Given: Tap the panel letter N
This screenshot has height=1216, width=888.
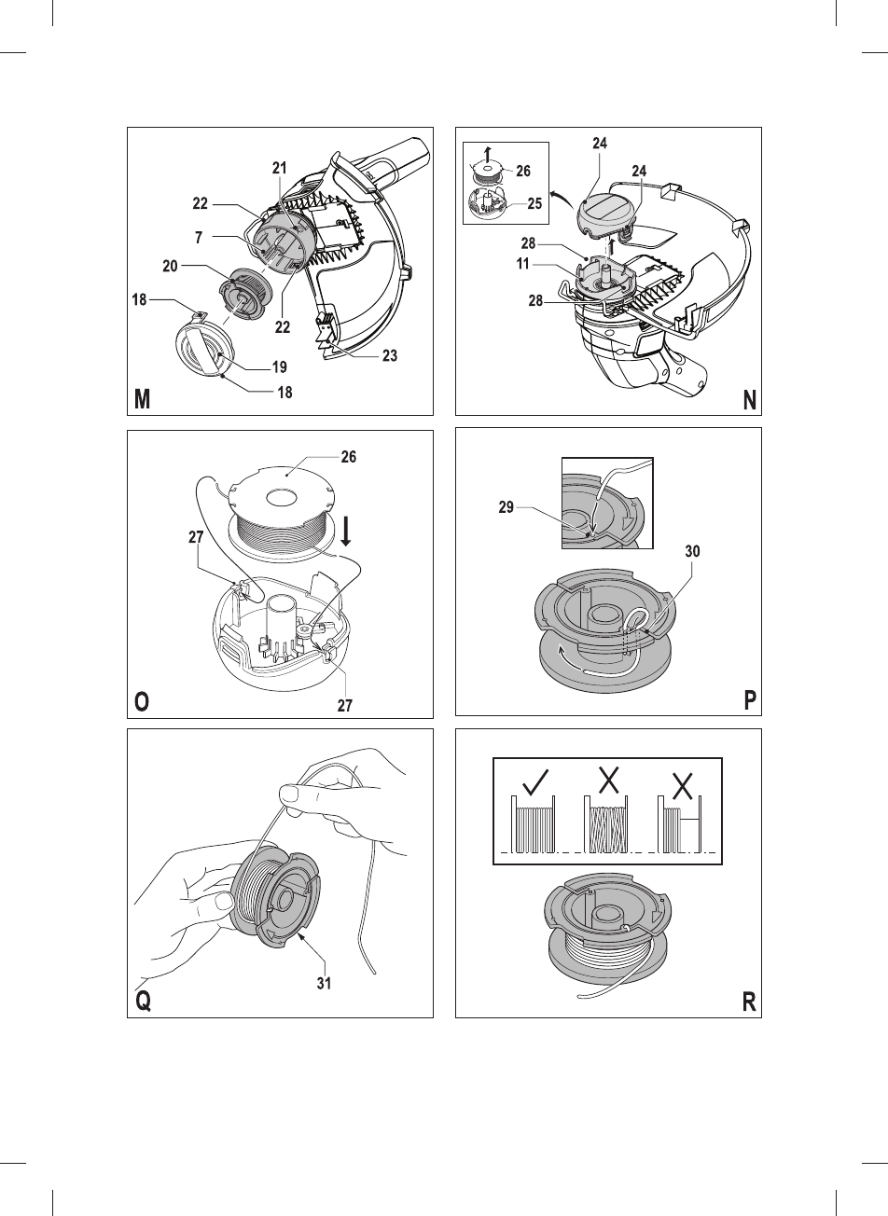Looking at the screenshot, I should click(x=749, y=400).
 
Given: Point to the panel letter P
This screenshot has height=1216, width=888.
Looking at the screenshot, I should click(x=749, y=702).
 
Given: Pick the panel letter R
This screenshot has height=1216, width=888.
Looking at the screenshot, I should click(x=749, y=1002).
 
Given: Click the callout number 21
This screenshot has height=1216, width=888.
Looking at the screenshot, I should click(x=279, y=167).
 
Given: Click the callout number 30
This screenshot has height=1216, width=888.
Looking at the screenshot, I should click(x=690, y=551).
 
